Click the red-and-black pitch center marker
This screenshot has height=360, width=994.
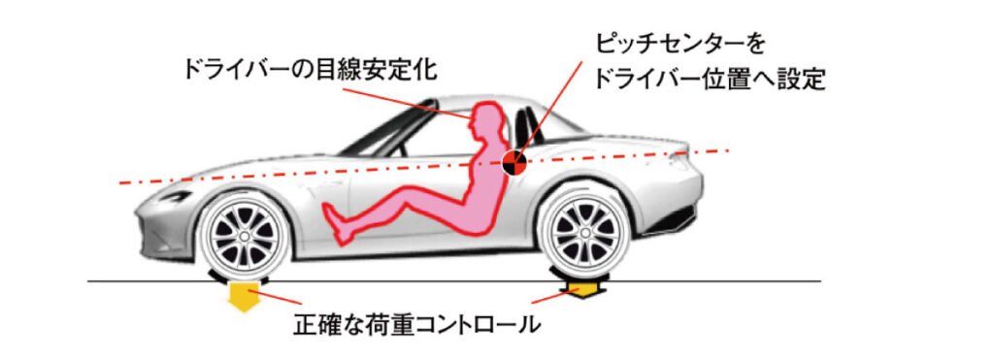coord(514,163)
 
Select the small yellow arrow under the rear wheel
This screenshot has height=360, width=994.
coord(583,291)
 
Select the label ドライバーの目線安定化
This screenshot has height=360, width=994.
coord(310,69)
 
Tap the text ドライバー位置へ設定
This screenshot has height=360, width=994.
coord(710,80)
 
